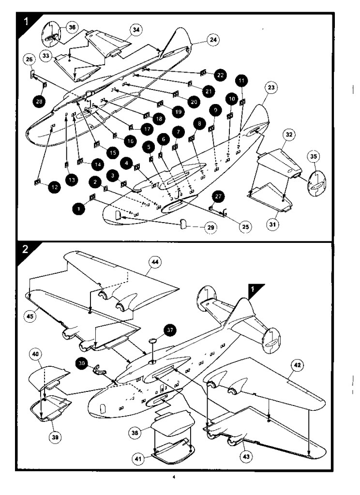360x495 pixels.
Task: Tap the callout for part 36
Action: click(72, 28)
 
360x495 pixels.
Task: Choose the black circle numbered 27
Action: click(219, 196)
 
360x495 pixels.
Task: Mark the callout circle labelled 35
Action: click(313, 157)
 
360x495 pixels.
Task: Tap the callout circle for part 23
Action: click(271, 88)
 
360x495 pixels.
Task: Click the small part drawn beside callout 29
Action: click(182, 223)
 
